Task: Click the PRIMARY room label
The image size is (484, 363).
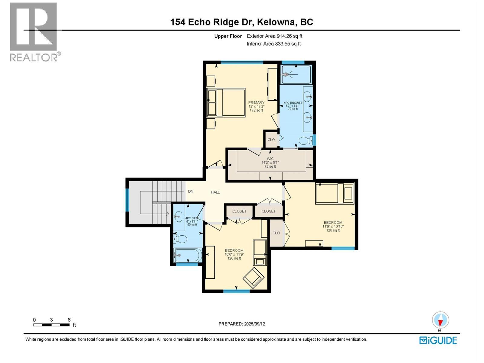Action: [256, 103]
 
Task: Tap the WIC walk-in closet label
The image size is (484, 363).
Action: [270, 159]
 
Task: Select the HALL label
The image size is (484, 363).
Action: [215, 192]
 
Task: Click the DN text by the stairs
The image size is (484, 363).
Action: [191, 191]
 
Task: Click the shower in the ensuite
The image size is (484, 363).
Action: [296, 74]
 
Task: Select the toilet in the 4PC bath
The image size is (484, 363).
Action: [180, 239]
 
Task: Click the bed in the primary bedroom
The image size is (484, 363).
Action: [226, 102]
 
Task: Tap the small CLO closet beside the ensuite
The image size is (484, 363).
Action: [271, 140]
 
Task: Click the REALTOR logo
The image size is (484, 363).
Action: [34, 32]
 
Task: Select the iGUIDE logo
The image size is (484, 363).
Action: [438, 340]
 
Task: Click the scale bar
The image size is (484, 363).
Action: [51, 325]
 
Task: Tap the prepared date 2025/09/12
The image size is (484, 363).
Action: [242, 324]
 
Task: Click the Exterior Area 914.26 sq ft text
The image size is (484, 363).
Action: [274, 36]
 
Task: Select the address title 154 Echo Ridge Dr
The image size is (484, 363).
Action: [242, 22]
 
